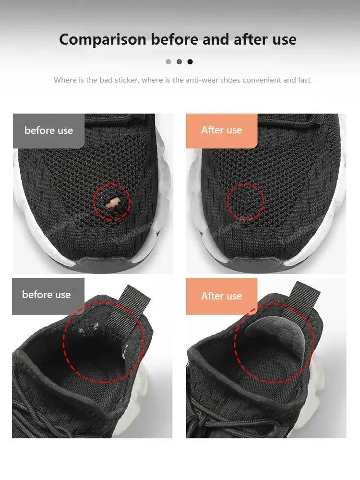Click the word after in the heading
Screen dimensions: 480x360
click(251, 39)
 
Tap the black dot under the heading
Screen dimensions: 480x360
click(190, 61)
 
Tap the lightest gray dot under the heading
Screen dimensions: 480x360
click(168, 61)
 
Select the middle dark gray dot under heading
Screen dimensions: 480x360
click(179, 61)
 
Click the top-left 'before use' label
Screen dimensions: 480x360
click(48, 131)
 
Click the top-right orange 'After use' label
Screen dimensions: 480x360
click(221, 130)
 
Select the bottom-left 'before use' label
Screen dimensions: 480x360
click(47, 295)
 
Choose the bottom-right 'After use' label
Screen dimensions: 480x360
click(221, 296)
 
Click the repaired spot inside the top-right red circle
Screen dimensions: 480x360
click(246, 202)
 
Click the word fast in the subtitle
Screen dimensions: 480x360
click(304, 80)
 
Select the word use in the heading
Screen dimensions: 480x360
click(284, 39)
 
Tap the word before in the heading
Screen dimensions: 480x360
click(175, 39)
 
